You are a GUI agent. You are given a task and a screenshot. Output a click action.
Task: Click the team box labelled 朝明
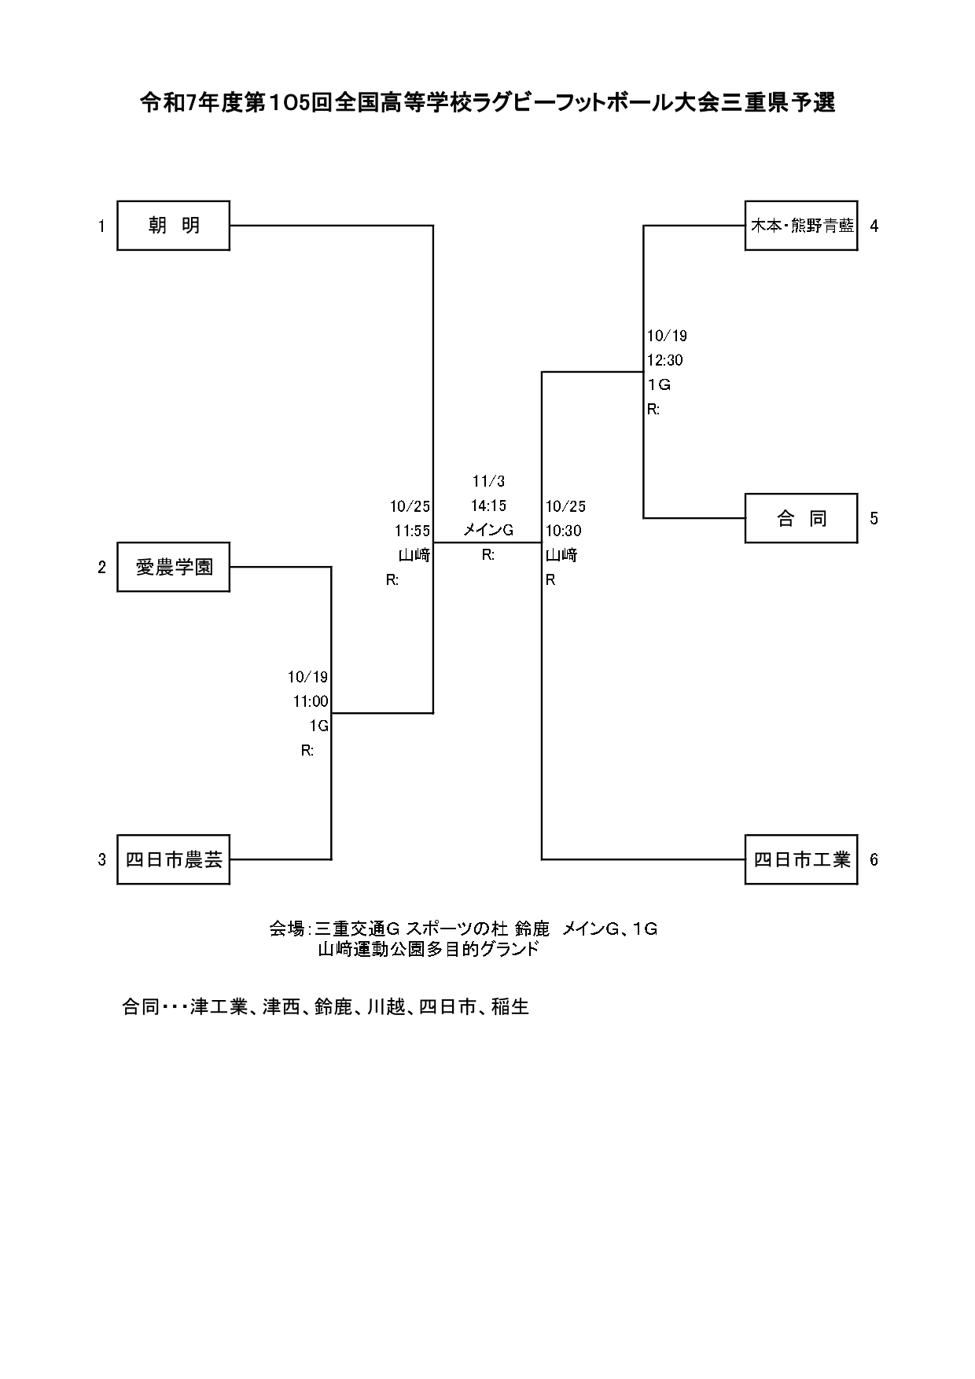click(173, 226)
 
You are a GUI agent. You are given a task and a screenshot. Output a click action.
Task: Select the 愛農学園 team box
click(173, 567)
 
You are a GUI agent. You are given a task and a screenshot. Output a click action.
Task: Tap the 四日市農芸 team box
click(173, 859)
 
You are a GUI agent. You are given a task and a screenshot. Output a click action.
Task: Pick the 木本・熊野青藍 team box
click(801, 226)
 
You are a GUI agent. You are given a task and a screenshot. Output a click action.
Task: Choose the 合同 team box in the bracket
click(801, 518)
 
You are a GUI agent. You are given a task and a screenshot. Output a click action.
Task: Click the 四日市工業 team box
click(801, 859)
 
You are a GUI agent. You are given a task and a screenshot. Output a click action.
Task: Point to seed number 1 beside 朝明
click(101, 226)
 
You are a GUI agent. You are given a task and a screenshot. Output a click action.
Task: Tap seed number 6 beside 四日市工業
click(874, 859)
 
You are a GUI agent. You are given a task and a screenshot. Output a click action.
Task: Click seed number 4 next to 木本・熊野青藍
click(874, 226)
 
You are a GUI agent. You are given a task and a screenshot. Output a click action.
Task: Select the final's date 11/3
click(488, 481)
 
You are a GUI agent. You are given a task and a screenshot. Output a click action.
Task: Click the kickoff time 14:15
click(488, 506)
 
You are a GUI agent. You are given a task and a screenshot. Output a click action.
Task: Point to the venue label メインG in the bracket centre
click(488, 531)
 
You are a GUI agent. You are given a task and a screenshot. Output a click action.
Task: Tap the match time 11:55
click(412, 531)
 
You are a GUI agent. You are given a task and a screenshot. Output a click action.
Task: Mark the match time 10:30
click(564, 531)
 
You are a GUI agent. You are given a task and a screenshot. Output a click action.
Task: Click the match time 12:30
click(664, 360)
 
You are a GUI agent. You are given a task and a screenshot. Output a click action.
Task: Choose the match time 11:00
click(311, 701)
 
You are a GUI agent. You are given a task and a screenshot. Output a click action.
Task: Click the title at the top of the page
click(487, 103)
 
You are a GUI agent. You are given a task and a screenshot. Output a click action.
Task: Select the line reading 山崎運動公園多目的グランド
click(429, 949)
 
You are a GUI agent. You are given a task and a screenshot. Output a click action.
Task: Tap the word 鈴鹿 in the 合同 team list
click(333, 1006)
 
